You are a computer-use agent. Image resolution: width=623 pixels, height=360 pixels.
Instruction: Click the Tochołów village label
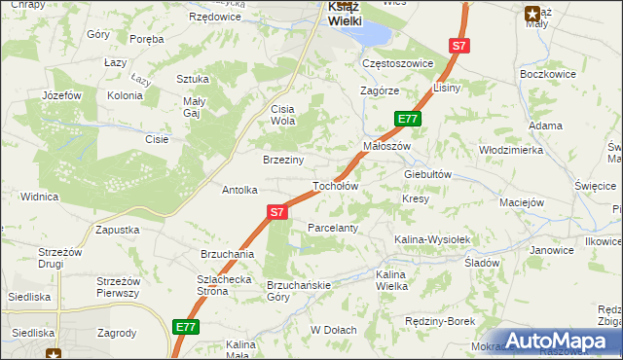[x=335, y=186]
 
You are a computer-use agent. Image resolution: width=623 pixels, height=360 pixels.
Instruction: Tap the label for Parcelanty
[x=333, y=228]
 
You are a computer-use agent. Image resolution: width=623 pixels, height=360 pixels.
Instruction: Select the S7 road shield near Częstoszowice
[x=459, y=46]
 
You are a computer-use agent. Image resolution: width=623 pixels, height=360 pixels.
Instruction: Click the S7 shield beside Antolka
[x=277, y=211]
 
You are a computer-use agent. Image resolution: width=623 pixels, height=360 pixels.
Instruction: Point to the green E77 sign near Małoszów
[x=408, y=119]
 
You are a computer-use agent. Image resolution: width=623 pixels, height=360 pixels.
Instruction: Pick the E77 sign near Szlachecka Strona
[x=187, y=328]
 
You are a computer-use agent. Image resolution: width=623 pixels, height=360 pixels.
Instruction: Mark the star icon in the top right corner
[x=532, y=14]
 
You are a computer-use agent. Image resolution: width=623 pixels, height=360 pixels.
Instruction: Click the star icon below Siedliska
[x=53, y=353]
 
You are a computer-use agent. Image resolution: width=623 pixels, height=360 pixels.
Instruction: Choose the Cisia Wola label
[x=283, y=115]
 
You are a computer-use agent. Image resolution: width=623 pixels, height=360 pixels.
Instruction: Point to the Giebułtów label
[x=428, y=174]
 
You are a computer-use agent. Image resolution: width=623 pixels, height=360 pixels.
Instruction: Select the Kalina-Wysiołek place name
[x=432, y=239]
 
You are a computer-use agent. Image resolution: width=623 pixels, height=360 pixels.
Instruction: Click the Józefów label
[x=59, y=95]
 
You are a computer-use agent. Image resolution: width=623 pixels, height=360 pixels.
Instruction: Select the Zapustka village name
[x=117, y=230]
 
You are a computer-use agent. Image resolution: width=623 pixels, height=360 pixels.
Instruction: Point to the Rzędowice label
[x=215, y=17]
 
